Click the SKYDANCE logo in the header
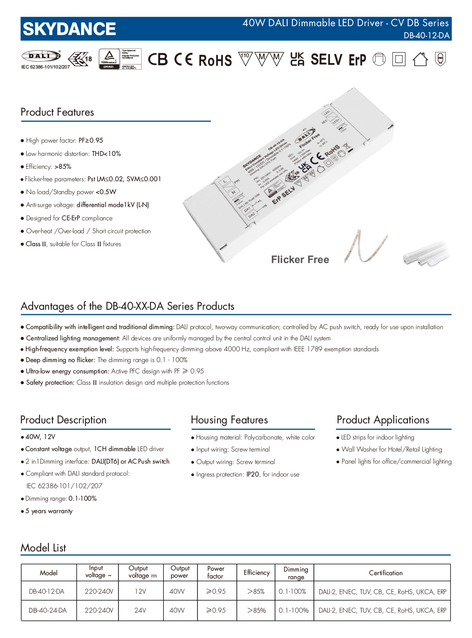tap(69, 29)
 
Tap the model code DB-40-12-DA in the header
tap(426, 35)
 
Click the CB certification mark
tap(157, 60)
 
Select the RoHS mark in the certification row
tap(215, 60)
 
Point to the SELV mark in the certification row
tap(326, 60)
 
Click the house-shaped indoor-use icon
tap(420, 60)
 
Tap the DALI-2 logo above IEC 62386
tap(41, 56)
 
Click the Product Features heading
tap(57, 112)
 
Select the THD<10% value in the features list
tap(107, 153)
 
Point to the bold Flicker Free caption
tap(300, 260)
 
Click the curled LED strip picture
tap(365, 246)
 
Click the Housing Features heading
tap(229, 420)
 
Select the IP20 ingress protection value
tap(253, 474)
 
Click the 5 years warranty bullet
tap(49, 511)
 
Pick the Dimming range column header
tap(296, 573)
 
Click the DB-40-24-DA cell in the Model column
tap(48, 610)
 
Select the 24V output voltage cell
tap(140, 610)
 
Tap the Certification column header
tap(386, 573)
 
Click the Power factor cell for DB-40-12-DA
tap(216, 591)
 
